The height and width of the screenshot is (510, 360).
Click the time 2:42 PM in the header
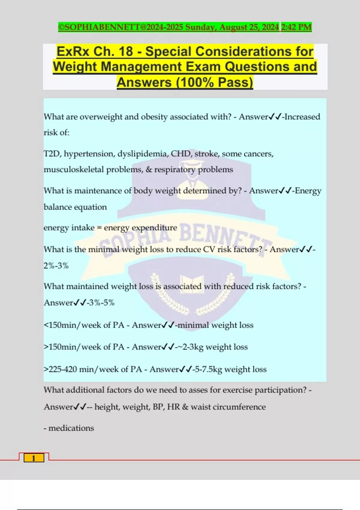(x=296, y=27)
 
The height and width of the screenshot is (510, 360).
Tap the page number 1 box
(x=34, y=458)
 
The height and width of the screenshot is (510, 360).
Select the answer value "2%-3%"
(x=56, y=265)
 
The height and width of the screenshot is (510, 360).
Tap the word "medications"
(x=71, y=428)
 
